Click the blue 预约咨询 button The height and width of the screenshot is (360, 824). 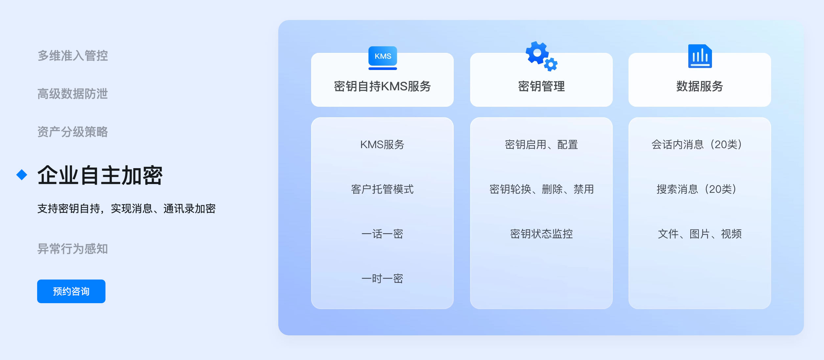[x=71, y=291]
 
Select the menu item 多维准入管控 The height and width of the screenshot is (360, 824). [x=73, y=56]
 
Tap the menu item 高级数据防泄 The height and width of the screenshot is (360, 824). [x=73, y=94]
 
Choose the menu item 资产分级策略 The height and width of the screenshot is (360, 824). [x=73, y=132]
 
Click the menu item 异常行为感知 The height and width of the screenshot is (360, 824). [x=73, y=249]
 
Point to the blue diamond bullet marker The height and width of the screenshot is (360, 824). [x=22, y=175]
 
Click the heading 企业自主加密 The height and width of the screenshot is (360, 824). [x=100, y=175]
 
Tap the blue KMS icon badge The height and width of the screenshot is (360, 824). [x=383, y=58]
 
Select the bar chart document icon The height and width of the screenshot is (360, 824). [x=700, y=56]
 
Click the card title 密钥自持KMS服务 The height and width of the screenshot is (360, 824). [x=382, y=86]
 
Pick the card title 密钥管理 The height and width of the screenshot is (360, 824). [x=541, y=86]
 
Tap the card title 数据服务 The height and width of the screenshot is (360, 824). [x=700, y=86]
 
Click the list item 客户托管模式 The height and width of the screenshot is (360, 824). [x=382, y=189]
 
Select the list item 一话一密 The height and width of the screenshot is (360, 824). [x=382, y=234]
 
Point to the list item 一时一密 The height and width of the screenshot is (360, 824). [x=382, y=279]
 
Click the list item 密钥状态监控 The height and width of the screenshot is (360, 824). [x=541, y=234]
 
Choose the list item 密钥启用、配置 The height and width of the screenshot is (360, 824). [x=541, y=145]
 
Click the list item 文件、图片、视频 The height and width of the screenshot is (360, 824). [x=700, y=234]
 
